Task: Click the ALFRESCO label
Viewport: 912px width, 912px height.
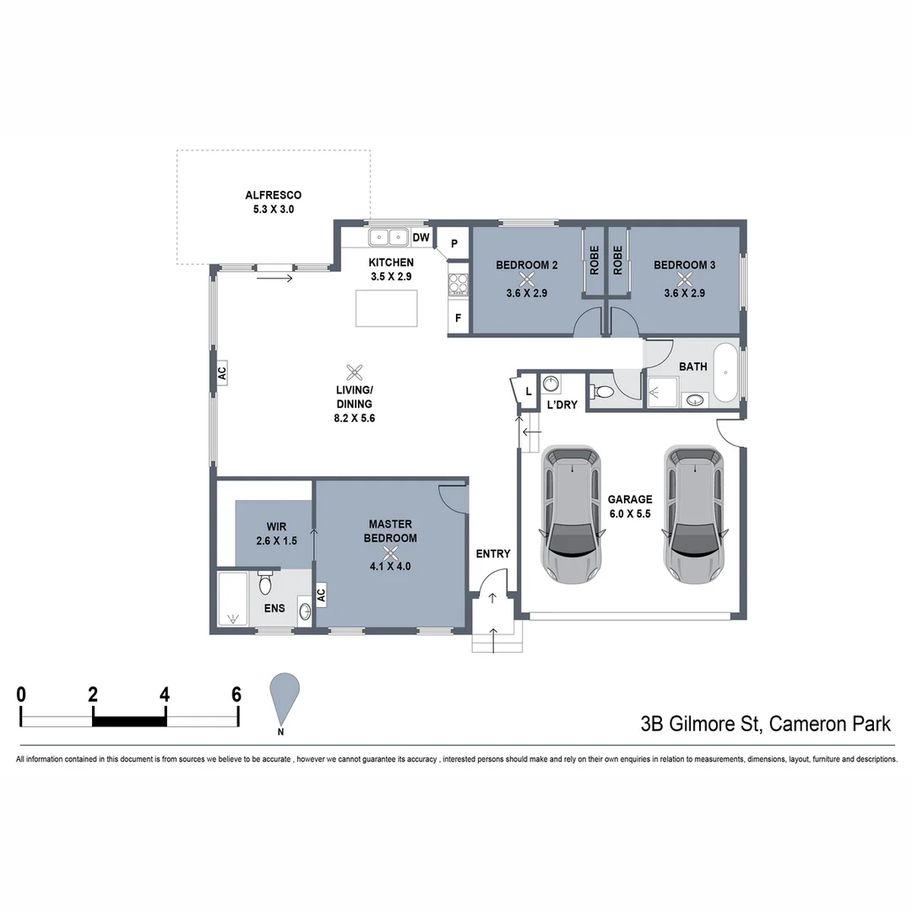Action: (x=273, y=196)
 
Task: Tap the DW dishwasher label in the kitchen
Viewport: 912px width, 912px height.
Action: (x=422, y=238)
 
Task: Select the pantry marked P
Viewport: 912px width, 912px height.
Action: (x=454, y=244)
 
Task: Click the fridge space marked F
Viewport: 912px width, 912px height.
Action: (x=459, y=318)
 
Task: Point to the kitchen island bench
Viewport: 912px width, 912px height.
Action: (x=388, y=307)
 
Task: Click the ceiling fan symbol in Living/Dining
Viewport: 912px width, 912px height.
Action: (x=355, y=372)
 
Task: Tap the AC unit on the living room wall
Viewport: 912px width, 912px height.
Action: (x=222, y=373)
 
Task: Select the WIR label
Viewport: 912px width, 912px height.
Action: (x=276, y=527)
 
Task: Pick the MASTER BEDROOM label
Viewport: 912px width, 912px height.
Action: (x=390, y=531)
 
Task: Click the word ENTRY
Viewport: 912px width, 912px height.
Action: (x=493, y=554)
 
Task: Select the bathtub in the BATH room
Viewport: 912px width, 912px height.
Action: (x=726, y=372)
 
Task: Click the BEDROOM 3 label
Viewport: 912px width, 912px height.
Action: (x=684, y=265)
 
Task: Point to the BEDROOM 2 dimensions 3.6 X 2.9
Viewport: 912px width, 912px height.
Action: (x=527, y=293)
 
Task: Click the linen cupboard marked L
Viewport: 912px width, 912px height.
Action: (x=529, y=392)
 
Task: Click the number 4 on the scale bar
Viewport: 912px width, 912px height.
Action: (x=165, y=695)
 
